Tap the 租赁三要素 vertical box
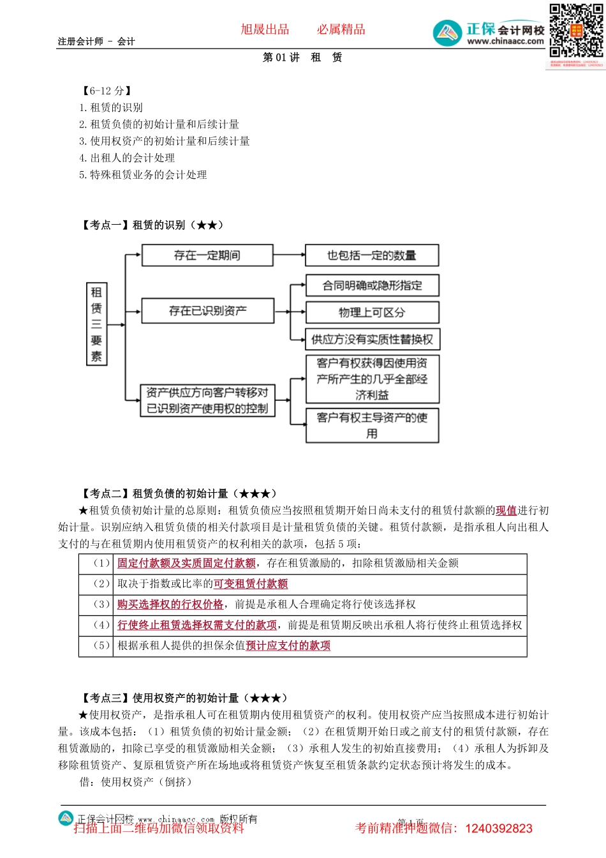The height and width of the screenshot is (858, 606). click(96, 324)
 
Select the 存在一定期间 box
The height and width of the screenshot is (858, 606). click(207, 255)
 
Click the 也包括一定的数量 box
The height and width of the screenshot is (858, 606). click(372, 255)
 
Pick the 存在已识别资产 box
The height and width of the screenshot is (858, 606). click(207, 311)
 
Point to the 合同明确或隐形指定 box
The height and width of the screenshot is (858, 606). click(373, 285)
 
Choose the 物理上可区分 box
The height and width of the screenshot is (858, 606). click(373, 312)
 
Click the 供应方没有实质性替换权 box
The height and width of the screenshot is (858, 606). click(373, 340)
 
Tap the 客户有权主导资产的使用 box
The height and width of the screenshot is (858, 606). click(373, 425)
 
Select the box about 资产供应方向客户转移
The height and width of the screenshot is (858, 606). click(207, 400)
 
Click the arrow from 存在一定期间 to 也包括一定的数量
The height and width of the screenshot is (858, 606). click(289, 255)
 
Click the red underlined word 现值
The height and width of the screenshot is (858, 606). click(506, 511)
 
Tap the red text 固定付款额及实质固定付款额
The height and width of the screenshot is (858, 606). click(187, 563)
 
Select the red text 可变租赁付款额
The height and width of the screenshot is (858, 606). click(251, 583)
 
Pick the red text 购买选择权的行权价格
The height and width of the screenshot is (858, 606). click(170, 604)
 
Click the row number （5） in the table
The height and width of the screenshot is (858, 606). click(102, 645)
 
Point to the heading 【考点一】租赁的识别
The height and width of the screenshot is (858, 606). click(152, 225)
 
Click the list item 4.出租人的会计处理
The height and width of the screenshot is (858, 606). click(127, 158)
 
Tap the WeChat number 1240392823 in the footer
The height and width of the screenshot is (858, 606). click(499, 829)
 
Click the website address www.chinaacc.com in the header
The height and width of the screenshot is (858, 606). click(505, 41)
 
